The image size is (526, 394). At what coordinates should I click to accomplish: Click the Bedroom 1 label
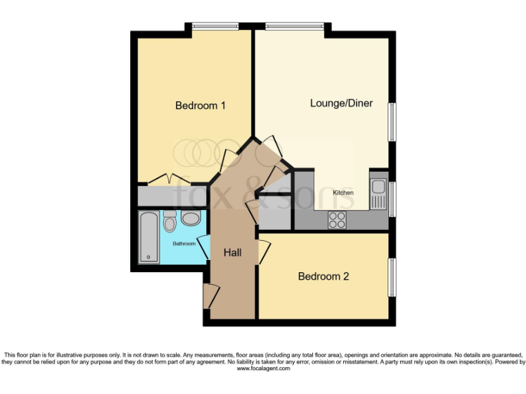pos(201,105)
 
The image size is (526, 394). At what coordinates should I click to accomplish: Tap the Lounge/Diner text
pos(341,103)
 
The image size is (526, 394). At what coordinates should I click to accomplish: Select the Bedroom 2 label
pos(323,276)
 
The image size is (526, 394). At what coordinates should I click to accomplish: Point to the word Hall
pos(233,252)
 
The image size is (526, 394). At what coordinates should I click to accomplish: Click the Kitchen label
pos(343,193)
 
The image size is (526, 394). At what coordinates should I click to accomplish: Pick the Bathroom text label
pos(184,244)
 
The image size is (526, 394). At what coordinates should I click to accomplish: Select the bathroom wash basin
pos(191,218)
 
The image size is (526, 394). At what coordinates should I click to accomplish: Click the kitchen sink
pos(377,192)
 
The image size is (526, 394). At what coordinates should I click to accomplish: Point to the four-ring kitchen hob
pos(337,220)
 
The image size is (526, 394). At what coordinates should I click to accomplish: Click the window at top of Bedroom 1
pos(215,26)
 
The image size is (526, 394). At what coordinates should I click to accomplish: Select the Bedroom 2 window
pos(392,278)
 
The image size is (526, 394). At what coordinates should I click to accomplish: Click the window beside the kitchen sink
pos(392,198)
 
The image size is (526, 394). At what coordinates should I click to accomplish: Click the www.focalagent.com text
pos(263,368)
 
